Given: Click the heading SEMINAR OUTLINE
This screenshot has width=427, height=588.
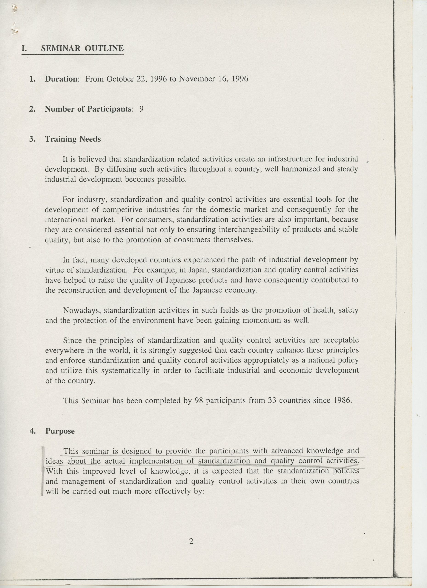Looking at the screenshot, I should pyautogui.click(x=82, y=48).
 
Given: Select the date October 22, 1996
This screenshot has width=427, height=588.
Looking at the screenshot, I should pyautogui.click(x=127, y=79).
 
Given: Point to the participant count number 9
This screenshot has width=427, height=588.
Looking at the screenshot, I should pyautogui.click(x=141, y=109).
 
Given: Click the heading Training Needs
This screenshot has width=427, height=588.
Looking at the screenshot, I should pyautogui.click(x=73, y=139).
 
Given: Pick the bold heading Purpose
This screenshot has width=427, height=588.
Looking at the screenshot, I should pyautogui.click(x=60, y=431).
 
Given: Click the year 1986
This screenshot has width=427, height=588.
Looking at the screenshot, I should pyautogui.click(x=342, y=401).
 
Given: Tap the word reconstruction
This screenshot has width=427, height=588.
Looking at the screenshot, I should pyautogui.click(x=81, y=290).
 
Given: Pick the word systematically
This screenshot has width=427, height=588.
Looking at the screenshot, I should pyautogui.click(x=125, y=371).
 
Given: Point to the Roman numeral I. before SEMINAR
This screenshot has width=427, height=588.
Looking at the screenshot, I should pyautogui.click(x=24, y=48).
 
